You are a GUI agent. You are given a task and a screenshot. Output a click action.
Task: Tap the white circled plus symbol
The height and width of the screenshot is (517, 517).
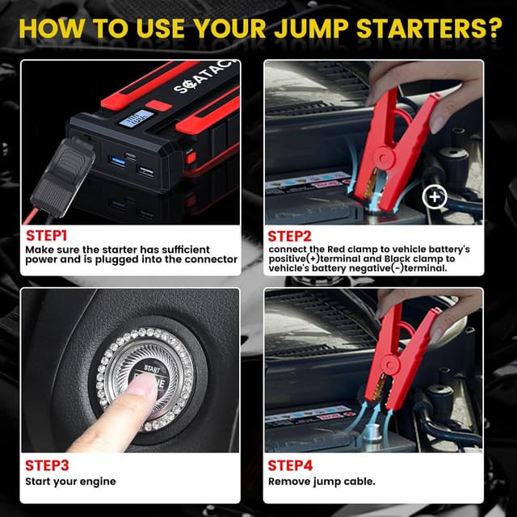tap(435, 195)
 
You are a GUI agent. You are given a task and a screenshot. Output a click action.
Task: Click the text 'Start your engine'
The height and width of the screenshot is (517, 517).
tap(70, 482)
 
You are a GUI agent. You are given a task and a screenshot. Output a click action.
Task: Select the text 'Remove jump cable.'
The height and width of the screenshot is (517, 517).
tap(322, 482)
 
